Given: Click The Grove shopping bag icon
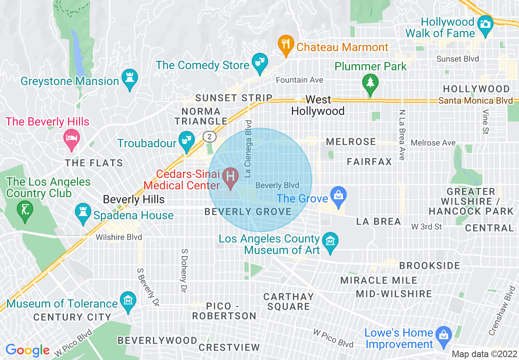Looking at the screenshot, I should click(x=338, y=195).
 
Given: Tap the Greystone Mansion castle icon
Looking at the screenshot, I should click(x=130, y=77).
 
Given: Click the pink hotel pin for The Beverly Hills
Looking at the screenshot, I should click(x=72, y=138).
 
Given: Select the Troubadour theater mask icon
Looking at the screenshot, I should click(x=186, y=140).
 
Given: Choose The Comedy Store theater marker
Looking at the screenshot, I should click(x=259, y=62).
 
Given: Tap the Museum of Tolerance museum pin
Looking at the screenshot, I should click(x=128, y=300).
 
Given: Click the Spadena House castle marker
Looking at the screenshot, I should click(x=83, y=212).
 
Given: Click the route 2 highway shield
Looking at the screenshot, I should click(x=209, y=137).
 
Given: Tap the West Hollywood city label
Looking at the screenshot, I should click(x=318, y=106).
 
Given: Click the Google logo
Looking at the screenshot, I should click(x=27, y=350).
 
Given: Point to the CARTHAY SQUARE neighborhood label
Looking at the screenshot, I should click(x=289, y=301).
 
